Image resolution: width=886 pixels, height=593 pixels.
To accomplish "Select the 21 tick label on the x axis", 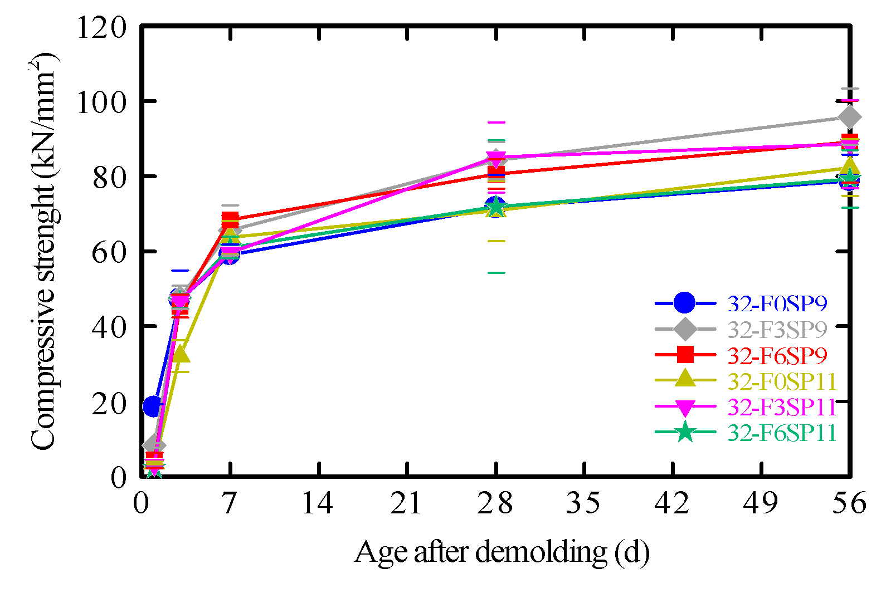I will (x=406, y=503).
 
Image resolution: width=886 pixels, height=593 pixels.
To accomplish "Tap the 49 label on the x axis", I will (x=761, y=503).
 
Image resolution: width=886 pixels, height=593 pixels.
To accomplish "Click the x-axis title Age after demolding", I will (x=502, y=553).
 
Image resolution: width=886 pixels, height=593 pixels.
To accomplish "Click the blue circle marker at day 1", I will (x=153, y=406).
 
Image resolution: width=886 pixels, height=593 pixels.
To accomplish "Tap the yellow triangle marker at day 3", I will (x=180, y=354).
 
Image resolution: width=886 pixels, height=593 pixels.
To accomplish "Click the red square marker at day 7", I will (x=230, y=218).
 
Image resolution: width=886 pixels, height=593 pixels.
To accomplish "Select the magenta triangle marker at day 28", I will (x=495, y=158).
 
